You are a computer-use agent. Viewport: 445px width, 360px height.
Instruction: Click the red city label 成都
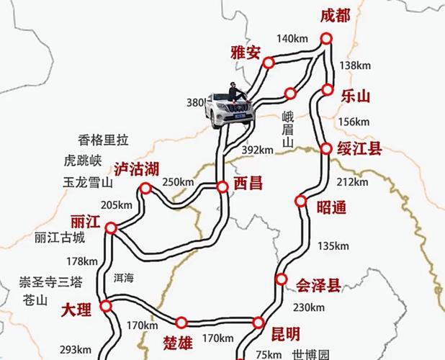click(334, 16)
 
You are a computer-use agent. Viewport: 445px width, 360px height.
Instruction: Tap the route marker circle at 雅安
click(269, 63)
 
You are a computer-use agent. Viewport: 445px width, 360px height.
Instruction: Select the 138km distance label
click(354, 66)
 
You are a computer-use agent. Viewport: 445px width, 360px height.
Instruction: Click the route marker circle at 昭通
click(301, 201)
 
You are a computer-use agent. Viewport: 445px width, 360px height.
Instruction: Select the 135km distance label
click(332, 246)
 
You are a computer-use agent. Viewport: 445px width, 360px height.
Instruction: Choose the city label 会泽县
click(319, 286)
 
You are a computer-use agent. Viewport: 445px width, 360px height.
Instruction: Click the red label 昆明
click(285, 333)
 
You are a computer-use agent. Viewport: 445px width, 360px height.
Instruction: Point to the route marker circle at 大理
click(107, 307)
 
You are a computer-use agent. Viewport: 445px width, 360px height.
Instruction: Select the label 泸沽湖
click(136, 170)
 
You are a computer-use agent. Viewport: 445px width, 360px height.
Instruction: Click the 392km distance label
click(258, 150)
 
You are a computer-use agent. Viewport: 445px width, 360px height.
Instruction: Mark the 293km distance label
click(75, 350)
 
